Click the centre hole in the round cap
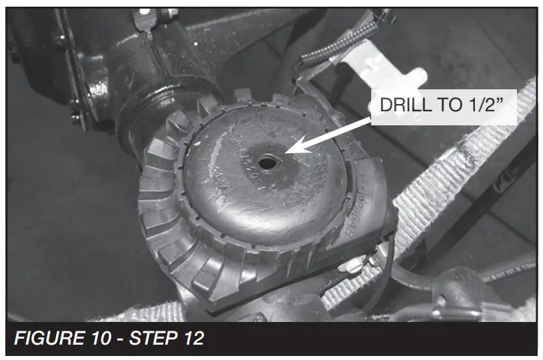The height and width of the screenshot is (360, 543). tap(267, 163)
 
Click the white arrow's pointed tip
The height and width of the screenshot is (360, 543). tap(284, 153)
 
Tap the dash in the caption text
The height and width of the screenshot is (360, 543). tap(121, 339)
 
